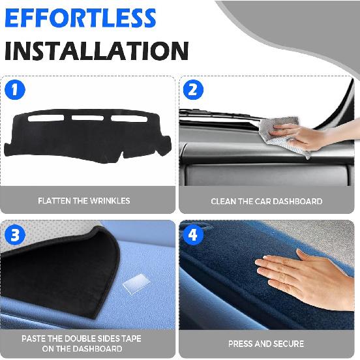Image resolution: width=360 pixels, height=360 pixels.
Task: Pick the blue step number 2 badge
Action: (194, 90)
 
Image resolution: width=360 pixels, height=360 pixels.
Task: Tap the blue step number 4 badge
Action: (194, 235)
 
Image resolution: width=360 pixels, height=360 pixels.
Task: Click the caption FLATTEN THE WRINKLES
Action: (84, 201)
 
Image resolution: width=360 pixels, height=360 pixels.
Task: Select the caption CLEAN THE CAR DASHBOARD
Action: (266, 202)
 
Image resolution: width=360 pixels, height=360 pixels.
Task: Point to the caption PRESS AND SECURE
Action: (266, 344)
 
